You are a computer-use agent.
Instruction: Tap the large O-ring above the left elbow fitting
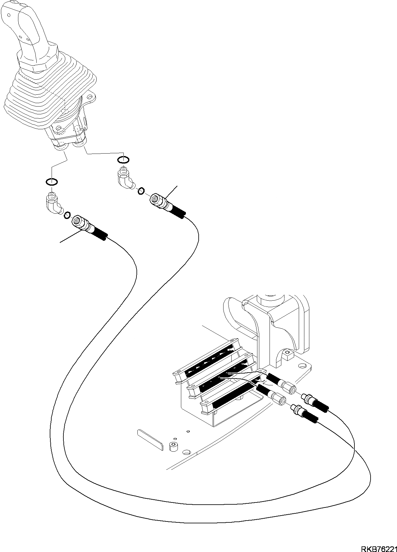click(x=51, y=181)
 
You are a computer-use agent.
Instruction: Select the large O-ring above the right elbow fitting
click(x=123, y=160)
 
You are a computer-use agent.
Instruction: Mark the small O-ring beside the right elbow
click(x=141, y=190)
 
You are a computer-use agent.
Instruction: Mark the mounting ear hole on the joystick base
click(x=91, y=95)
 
